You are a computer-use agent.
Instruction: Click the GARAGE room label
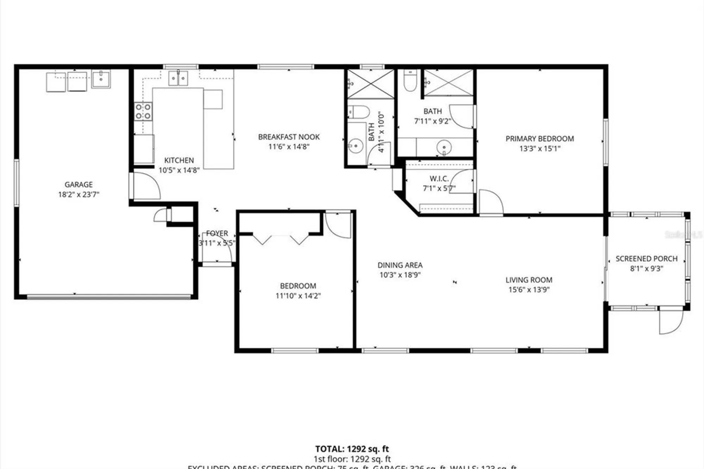point(78,185)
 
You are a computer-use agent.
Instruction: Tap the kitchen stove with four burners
point(143,111)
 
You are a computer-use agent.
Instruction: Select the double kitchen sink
point(178,78)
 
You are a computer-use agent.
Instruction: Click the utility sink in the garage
point(101,79)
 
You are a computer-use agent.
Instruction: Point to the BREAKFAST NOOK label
point(289,137)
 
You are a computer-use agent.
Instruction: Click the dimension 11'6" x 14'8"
point(289,147)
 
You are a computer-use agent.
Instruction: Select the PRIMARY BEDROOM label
point(540,139)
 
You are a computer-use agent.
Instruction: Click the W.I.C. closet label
point(439,179)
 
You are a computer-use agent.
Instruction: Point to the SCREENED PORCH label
point(646,259)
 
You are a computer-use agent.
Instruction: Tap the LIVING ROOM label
point(529,280)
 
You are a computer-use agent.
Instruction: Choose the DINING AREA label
point(400,265)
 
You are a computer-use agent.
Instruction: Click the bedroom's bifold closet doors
point(281,239)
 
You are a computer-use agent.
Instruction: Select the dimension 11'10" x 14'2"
point(298,296)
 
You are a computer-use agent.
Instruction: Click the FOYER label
point(217,233)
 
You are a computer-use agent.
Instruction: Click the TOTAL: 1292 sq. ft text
point(352,449)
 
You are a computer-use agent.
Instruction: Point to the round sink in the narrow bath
point(356,145)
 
